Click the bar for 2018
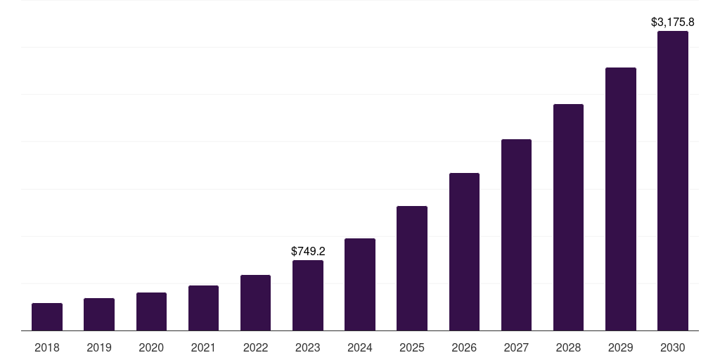pyautogui.click(x=47, y=316)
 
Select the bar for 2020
pyautogui.click(x=151, y=311)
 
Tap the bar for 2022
pyautogui.click(x=255, y=302)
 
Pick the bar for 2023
pyautogui.click(x=308, y=295)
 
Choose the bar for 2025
pyautogui.click(x=412, y=268)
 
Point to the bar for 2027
pyautogui.click(x=516, y=235)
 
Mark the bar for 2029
pyautogui.click(x=620, y=199)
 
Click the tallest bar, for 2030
pyautogui.click(x=672, y=181)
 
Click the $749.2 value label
pyautogui.click(x=308, y=251)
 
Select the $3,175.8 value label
pyautogui.click(x=673, y=22)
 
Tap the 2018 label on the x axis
pyautogui.click(x=47, y=347)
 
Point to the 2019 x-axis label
pyautogui.click(x=99, y=347)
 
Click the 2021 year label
pyautogui.click(x=203, y=347)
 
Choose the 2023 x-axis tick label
pyautogui.click(x=308, y=347)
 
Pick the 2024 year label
pyautogui.click(x=360, y=347)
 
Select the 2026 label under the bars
pyautogui.click(x=464, y=347)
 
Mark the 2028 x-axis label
pyautogui.click(x=568, y=347)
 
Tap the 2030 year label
pyautogui.click(x=672, y=347)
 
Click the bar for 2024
pyautogui.click(x=360, y=284)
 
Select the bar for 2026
pyautogui.click(x=464, y=252)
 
